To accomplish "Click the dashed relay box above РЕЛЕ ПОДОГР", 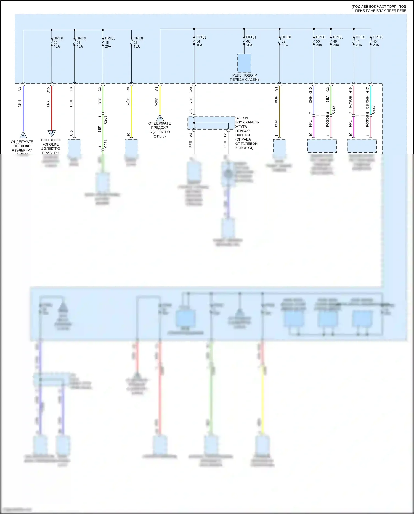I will (244, 63).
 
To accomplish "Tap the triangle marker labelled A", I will (23, 135).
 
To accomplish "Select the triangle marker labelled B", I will (160, 118).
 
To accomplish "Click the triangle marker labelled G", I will (52, 133).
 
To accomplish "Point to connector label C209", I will (105, 120).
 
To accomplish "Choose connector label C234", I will (105, 144).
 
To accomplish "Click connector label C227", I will (333, 110).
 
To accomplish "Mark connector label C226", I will (373, 110).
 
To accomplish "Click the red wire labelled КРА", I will (52, 110).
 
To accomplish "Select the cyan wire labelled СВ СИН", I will (371, 99).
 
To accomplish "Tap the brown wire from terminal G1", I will (280, 110).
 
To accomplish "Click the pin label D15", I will (48, 90).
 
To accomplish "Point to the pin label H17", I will (367, 90).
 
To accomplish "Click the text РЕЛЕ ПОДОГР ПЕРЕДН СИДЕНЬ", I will (245, 77).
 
